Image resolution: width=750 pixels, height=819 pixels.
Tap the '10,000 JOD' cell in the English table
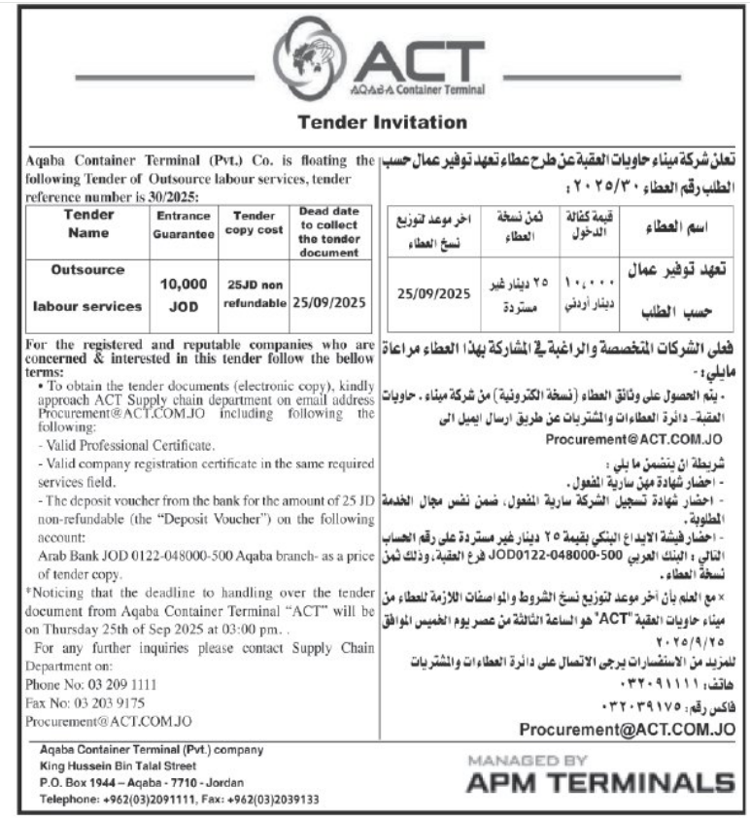(x=184, y=293)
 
